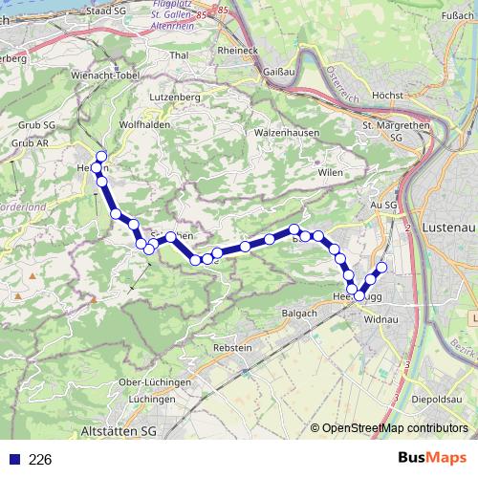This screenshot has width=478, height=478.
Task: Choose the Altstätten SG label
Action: click(x=120, y=432)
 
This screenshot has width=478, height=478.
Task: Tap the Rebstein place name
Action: click(x=234, y=347)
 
